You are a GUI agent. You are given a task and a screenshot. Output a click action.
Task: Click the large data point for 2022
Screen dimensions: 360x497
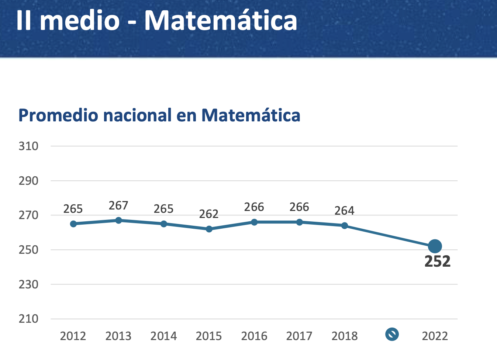pyautogui.click(x=435, y=246)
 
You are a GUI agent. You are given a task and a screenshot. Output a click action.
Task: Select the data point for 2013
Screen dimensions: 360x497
pyautogui.click(x=118, y=220)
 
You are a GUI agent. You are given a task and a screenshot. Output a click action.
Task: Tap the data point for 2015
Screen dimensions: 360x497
pyautogui.click(x=209, y=229)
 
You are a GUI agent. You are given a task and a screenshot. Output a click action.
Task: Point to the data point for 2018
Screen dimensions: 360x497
pyautogui.click(x=345, y=225)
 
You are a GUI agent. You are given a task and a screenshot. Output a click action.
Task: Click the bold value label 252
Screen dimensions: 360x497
pyautogui.click(x=438, y=262)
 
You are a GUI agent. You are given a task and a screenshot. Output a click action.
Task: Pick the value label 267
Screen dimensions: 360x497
pyautogui.click(x=118, y=205)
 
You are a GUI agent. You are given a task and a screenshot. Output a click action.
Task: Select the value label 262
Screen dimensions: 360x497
pyautogui.click(x=209, y=214)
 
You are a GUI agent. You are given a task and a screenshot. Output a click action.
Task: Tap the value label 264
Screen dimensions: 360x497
pyautogui.click(x=344, y=211)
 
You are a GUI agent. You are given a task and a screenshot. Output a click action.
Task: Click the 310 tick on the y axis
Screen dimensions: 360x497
pyautogui.click(x=28, y=146)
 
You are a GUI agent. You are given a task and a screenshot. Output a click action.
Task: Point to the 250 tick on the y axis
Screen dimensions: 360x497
pyautogui.click(x=28, y=250)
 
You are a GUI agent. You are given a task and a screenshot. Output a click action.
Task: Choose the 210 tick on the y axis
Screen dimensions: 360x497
pyautogui.click(x=28, y=319)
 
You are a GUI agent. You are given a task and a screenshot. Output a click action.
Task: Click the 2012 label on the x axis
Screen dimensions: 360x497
pyautogui.click(x=73, y=336)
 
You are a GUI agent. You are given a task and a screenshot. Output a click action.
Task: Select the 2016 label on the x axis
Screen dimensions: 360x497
pyautogui.click(x=254, y=336)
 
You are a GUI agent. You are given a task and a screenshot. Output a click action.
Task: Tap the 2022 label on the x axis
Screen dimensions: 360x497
pyautogui.click(x=435, y=336)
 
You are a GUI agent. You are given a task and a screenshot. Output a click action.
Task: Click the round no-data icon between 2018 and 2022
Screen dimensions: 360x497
pyautogui.click(x=392, y=335)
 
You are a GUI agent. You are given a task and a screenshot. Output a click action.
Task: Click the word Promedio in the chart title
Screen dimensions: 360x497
pyautogui.click(x=58, y=115)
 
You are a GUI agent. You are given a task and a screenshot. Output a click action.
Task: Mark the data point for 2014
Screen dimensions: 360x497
pyautogui.click(x=164, y=224)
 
